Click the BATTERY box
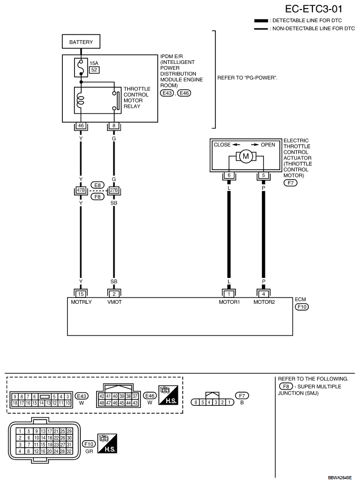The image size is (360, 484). tap(81, 42)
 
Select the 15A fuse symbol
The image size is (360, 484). tap(81, 68)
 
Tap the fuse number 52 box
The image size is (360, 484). tap(94, 70)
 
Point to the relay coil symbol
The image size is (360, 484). tap(81, 100)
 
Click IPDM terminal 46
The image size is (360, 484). tap(81, 126)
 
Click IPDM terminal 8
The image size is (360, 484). tap(114, 126)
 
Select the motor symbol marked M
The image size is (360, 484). tap(246, 156)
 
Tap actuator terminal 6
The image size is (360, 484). tap(229, 175)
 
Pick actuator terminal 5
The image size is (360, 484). tap(263, 175)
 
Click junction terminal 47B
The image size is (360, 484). tap(81, 190)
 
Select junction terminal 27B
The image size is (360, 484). tap(114, 190)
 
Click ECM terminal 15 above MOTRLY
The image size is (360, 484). tap(81, 294)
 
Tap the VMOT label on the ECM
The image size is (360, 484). tap(115, 302)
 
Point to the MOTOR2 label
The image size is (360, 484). tap(264, 302)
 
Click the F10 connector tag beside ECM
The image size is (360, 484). tap(302, 307)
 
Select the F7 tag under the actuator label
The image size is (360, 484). tap(290, 183)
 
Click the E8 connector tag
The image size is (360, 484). tap(98, 185)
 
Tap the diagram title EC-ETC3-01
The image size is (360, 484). tap(314, 9)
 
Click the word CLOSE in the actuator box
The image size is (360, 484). tap(222, 145)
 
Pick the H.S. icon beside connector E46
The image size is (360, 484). tap(168, 395)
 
